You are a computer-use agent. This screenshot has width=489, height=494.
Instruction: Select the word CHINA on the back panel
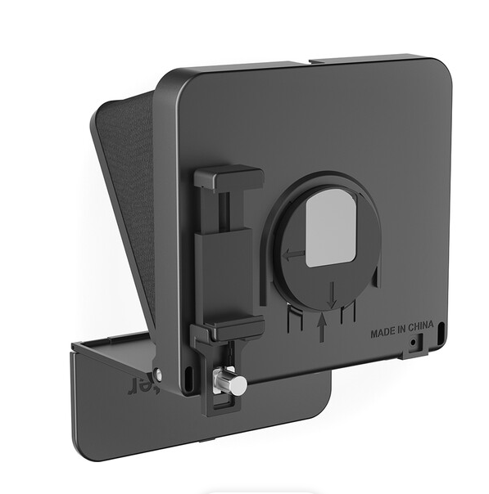point(419,334)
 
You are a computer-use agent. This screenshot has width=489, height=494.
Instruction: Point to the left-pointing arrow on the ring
point(292,255)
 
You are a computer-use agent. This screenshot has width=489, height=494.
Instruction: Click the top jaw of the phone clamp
point(229,177)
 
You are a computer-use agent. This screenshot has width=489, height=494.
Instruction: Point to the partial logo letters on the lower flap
point(139,382)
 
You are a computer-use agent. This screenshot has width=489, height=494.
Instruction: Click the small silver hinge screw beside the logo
point(158,375)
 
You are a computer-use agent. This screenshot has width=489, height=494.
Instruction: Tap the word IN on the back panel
point(400,334)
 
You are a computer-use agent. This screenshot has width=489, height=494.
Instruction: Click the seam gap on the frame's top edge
point(303,62)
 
